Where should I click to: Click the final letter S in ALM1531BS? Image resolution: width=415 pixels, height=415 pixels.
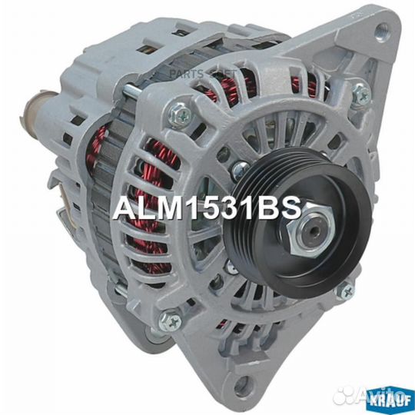coord(287,209)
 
